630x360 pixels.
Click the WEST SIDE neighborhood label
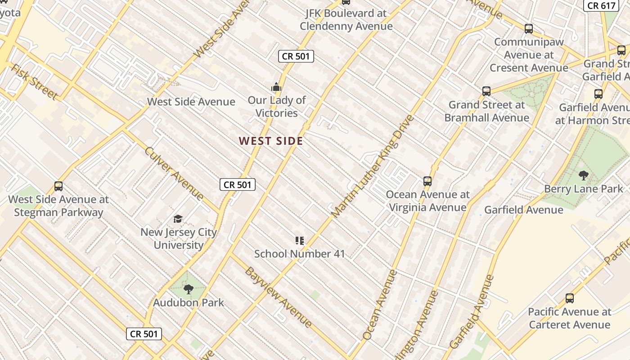point(271,141)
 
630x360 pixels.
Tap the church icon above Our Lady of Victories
point(276,87)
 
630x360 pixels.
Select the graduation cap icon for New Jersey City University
point(178,219)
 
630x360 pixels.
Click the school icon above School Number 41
point(299,241)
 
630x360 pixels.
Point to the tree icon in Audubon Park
point(189,289)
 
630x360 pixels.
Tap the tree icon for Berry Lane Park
point(583,175)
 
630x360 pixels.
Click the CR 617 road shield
point(601,5)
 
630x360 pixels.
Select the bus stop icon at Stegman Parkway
point(58,186)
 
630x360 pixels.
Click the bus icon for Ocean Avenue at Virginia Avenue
point(427,181)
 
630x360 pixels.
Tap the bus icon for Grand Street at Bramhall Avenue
point(486,91)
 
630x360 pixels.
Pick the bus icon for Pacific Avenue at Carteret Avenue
point(569,298)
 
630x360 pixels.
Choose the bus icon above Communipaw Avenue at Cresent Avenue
point(528,29)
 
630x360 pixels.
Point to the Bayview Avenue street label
point(278,297)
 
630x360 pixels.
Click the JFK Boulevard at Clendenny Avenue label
point(346,20)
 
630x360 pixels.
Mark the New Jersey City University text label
point(179,238)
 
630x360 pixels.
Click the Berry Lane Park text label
point(583,189)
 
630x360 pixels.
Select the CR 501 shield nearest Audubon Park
point(144,334)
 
